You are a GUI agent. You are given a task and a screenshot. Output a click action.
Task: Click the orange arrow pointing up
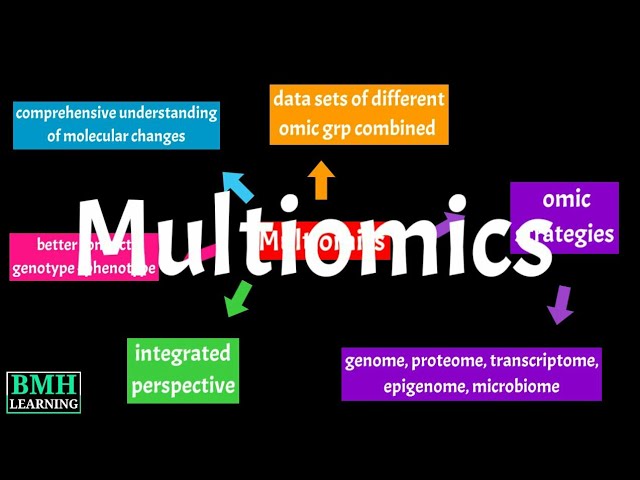click(x=321, y=180)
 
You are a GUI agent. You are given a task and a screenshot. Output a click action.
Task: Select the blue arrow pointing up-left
click(x=237, y=185)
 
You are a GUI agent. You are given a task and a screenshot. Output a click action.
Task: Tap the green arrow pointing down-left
click(x=237, y=298)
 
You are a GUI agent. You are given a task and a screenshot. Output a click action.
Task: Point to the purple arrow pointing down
click(x=560, y=303)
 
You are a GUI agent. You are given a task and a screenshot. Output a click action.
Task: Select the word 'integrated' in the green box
click(x=183, y=353)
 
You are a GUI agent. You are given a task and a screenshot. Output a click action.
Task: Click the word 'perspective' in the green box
click(x=183, y=385)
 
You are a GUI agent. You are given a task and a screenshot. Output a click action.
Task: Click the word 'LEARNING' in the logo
click(x=43, y=403)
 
